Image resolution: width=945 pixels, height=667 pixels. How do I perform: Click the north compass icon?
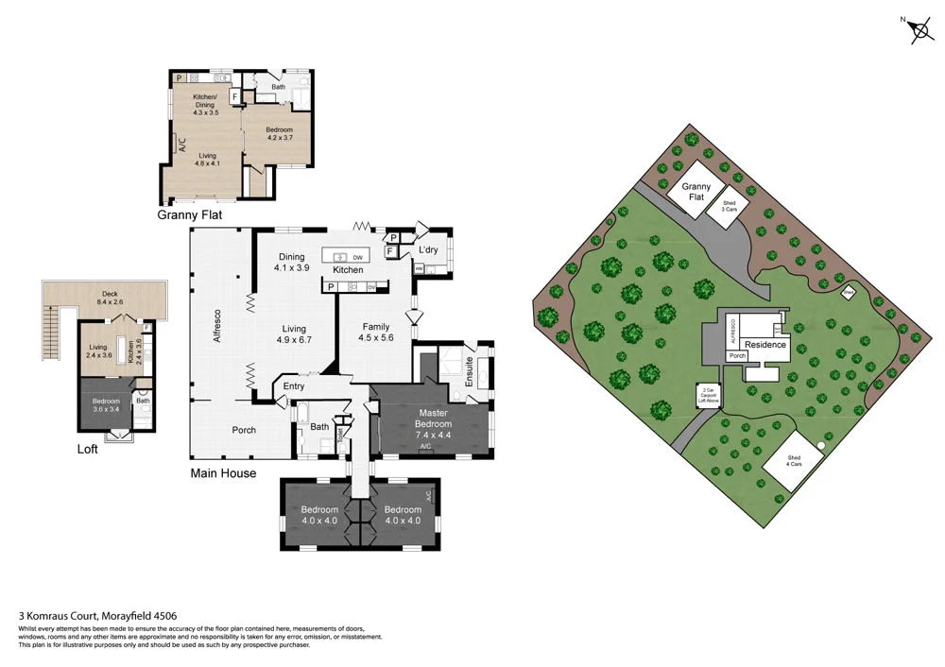918,30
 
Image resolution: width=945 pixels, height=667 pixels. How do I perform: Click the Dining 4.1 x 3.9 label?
291,262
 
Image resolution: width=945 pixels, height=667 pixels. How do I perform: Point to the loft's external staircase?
53,331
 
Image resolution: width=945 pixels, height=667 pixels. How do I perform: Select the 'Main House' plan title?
223,473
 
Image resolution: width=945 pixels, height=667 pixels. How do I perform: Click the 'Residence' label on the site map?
765,345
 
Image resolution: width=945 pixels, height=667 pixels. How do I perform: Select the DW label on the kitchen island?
357,257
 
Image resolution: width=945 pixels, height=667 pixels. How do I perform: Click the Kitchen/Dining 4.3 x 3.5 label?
205,105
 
